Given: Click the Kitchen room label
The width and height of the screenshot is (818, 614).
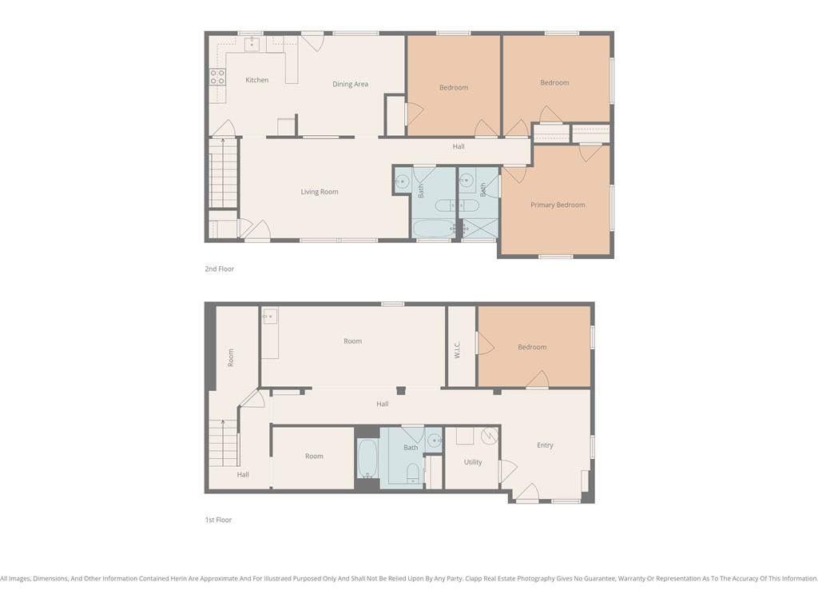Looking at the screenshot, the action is tap(257, 80).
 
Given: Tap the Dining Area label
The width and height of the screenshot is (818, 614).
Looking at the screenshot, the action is tap(350, 84).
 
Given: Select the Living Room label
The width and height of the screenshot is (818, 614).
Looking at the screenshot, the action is tap(320, 192).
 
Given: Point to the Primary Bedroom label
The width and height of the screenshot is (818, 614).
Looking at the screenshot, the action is tap(558, 205).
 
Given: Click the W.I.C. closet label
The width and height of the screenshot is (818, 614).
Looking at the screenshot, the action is tap(457, 350).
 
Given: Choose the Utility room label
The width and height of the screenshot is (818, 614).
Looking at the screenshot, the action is tap(473, 462).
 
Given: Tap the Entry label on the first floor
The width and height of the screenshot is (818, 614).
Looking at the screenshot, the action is tap(545, 445).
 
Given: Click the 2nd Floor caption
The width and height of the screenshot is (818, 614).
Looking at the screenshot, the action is tap(219, 269).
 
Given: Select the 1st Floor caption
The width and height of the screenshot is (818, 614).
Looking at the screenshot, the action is tap(218, 520).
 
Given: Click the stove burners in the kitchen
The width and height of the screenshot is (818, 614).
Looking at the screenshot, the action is tap(217, 77).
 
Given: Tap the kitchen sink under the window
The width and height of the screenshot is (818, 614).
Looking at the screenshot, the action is tap(252, 44).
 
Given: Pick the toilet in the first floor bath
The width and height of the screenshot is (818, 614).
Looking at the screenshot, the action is tap(413, 472).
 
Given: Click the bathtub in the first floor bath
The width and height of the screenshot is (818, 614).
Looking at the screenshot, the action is tap(367, 458).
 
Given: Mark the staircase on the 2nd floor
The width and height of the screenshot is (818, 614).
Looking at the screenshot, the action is tap(224, 173).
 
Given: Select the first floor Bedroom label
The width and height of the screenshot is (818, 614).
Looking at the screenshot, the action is tap(532, 347).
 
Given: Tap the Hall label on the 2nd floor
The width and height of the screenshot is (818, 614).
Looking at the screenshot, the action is tap(459, 147).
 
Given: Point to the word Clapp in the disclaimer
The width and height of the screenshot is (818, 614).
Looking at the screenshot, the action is tap(473, 579).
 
